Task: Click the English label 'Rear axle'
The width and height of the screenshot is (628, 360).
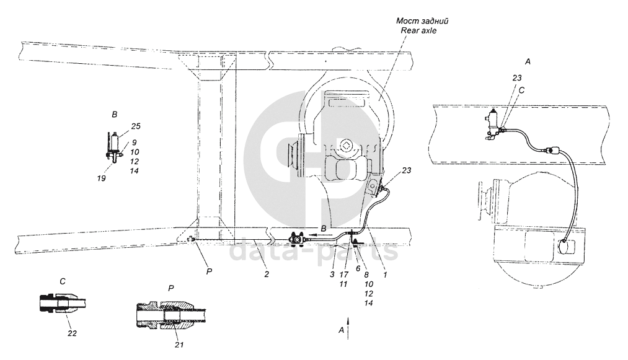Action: coord(418,30)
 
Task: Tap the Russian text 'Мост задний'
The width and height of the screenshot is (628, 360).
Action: coord(422,21)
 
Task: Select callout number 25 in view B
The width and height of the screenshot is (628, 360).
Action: coord(136,126)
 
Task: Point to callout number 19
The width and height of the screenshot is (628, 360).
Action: coord(101,178)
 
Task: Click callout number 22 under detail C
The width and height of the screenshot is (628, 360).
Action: coord(72,333)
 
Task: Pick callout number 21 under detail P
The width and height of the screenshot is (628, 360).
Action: coord(179,345)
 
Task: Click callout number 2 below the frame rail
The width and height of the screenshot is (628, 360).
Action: coord(267,274)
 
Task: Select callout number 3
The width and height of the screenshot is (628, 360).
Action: coord(332,274)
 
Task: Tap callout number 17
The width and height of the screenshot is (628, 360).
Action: coord(343,274)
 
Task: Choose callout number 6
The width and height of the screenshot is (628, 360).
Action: coord(358,269)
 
